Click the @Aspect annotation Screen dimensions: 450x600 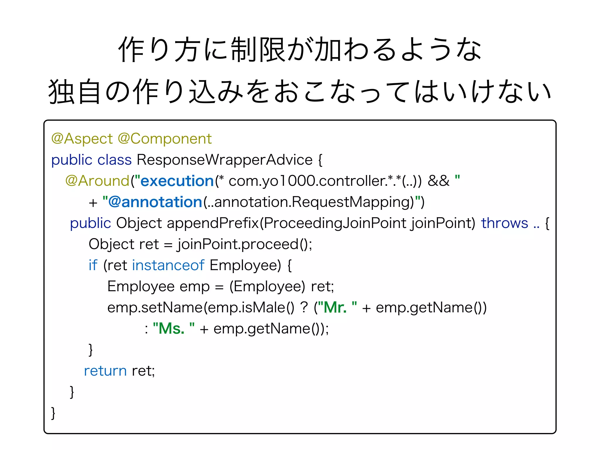tap(82, 139)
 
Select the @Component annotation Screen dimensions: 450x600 tap(165, 139)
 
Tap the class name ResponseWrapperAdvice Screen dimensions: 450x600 tap(224, 160)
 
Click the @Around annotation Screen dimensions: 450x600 tap(97, 181)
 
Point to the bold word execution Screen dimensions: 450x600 tap(177, 181)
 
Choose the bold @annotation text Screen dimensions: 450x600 tap(155, 202)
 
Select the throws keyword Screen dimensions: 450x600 tap(504, 223)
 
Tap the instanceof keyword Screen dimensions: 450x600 tap(168, 265)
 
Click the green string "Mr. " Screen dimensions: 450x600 tap(337, 308)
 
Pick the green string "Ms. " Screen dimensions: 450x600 tap(174, 329)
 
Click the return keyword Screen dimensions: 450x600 tap(105, 371)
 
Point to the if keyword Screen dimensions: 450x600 tap(93, 265)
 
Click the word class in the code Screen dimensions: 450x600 tap(114, 160)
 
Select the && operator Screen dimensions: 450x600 tap(438, 181)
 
